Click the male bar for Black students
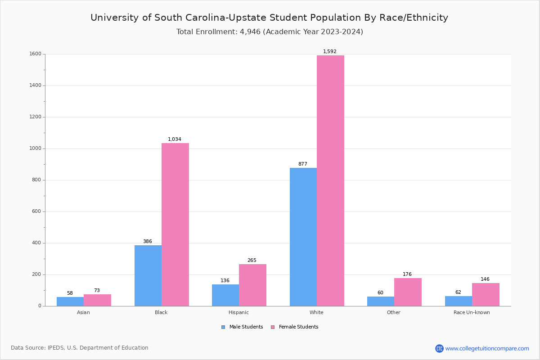pos(148,275)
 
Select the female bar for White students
pos(330,180)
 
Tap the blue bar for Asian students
pos(70,301)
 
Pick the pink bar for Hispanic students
pos(252,285)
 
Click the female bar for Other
pos(408,292)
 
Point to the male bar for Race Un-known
pos(459,301)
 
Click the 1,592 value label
pos(330,52)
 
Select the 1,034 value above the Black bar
pos(175,139)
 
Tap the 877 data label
pos(303,164)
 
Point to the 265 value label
pos(252,261)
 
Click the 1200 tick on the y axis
pos(36,117)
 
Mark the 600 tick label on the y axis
pos(37,211)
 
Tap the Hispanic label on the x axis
pos(238,312)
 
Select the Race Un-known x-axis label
pos(472,312)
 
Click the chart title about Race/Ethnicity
pos(269,18)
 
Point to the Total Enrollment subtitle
pos(270,32)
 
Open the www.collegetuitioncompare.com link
pos(487,348)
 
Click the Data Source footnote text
pos(80,348)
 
